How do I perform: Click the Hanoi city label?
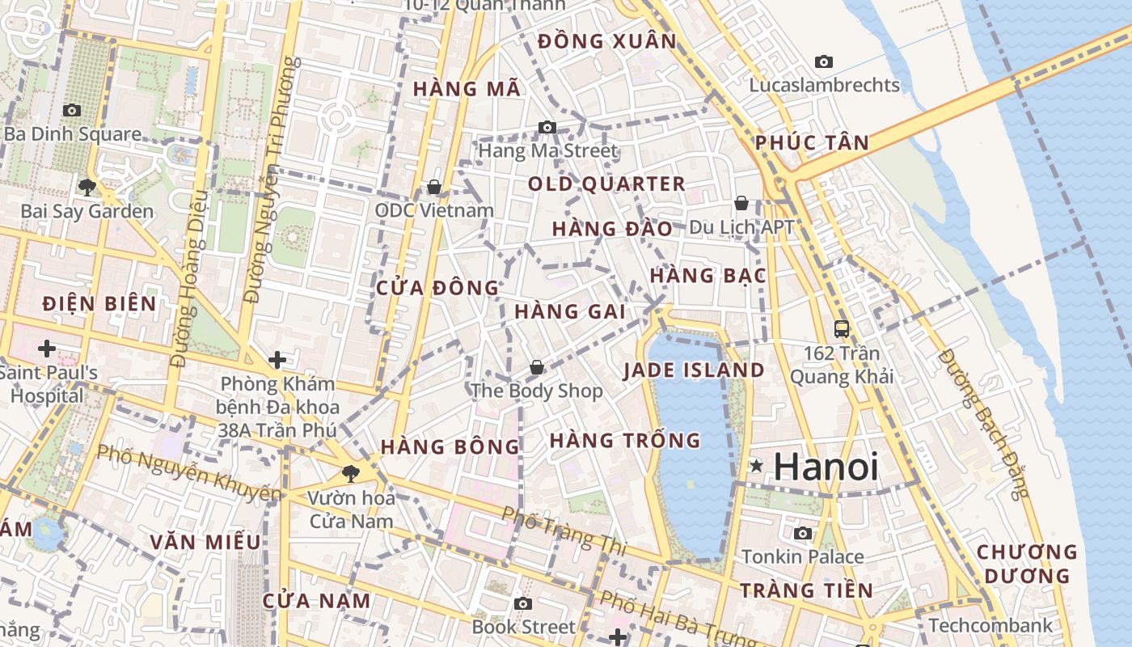tap(826, 467)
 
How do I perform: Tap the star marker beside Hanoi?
tap(756, 466)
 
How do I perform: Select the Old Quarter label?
tap(606, 184)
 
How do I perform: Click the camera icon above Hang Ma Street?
tap(547, 127)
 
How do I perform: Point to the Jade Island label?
tap(694, 370)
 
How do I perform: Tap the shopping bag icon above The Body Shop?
tap(536, 368)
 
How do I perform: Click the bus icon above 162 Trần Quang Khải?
tap(842, 329)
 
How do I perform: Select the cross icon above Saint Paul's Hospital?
tap(47, 349)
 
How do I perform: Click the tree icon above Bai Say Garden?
tap(87, 188)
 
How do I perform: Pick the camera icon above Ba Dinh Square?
tap(72, 110)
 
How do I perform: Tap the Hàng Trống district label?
tap(625, 441)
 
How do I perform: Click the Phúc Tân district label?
tap(812, 143)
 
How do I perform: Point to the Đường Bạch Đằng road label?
tap(982, 425)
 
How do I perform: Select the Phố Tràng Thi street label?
tap(564, 531)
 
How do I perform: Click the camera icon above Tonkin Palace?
tap(803, 533)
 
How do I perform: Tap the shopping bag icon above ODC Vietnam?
tap(434, 187)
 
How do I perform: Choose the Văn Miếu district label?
tap(205, 542)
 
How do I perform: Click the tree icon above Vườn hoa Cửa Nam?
tap(351, 473)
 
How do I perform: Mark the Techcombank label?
tap(990, 625)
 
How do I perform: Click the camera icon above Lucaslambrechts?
tap(824, 61)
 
